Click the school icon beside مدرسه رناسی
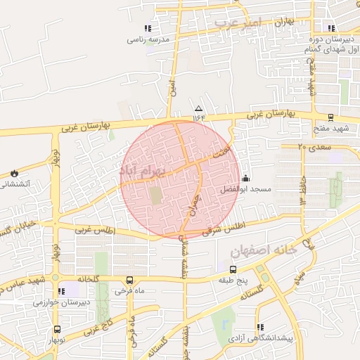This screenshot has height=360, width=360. click(147, 29)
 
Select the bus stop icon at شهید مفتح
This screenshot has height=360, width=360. click(330, 117)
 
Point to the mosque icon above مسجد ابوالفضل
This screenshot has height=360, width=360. click(245, 178)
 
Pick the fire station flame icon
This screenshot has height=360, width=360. click(13, 173)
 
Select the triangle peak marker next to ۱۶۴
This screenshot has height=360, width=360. click(198, 108)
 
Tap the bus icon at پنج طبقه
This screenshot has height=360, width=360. click(233, 269)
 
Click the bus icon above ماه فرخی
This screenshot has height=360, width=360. click(129, 279)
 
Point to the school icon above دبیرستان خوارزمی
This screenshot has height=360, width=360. click(60, 291)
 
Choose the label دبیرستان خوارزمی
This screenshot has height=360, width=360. click(60, 302)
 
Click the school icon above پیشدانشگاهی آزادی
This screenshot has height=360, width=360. click(261, 327)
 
